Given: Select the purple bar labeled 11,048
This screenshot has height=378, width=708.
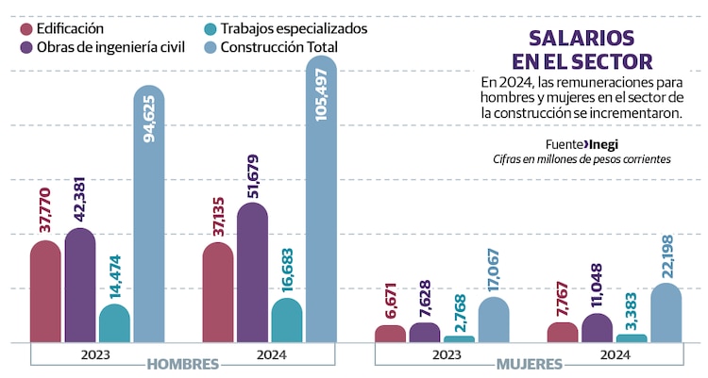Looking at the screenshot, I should (x=598, y=328).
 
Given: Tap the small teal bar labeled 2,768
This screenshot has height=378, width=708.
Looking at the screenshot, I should (x=459, y=338).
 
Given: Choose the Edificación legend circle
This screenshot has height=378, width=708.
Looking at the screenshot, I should (x=25, y=28).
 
